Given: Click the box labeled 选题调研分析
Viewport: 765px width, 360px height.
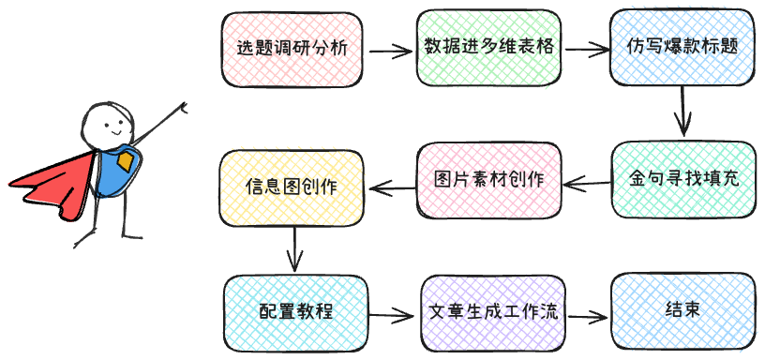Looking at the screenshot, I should point(292,49).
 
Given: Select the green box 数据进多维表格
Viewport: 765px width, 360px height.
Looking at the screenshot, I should point(488,49).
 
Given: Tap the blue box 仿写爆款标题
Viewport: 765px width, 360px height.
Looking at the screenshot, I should point(682,49).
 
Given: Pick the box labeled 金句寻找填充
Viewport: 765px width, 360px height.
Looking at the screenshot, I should point(683,178).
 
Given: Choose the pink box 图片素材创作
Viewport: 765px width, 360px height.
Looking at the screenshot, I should point(488,178).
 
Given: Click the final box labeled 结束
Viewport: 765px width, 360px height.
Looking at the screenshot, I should point(682,309).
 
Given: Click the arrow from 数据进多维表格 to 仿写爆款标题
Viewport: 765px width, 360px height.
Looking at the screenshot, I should point(586,49).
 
